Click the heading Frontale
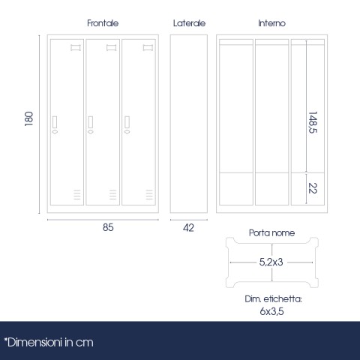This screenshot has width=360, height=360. pos(103,23)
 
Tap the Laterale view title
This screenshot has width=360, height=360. pos(189,23)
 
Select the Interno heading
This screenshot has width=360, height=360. pos(271,23)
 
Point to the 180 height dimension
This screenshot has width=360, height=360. pos(28,118)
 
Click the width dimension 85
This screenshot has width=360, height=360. pos(108,227)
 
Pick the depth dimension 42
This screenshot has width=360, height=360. pos(188,228)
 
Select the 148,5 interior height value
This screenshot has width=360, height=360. pos(313,122)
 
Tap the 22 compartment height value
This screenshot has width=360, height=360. pos(313,188)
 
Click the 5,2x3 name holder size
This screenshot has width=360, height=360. pos(271,262)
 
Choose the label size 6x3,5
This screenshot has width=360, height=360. pos(271,311)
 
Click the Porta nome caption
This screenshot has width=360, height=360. pos(271,233)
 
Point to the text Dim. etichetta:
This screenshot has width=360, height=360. pos(273,299)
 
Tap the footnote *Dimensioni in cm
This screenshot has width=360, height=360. pos(49,343)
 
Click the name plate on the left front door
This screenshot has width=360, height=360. pos(76,48)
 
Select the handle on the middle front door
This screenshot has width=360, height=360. pos(91,125)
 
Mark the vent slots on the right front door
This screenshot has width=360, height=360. pos(149,194)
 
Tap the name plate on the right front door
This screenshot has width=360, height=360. pos(148,48)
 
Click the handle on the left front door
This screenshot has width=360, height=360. pos(55,125)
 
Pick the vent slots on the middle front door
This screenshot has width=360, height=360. pos(112,194)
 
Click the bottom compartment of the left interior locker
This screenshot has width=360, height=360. pos(236,189)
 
